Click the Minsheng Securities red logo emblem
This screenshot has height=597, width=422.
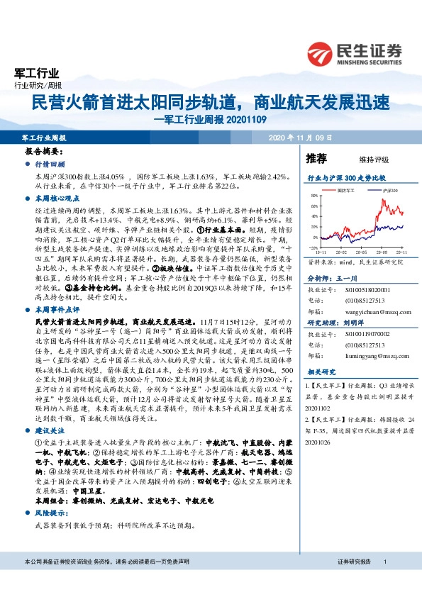[x=322, y=54]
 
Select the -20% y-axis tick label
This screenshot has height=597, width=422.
[x=310, y=247]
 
